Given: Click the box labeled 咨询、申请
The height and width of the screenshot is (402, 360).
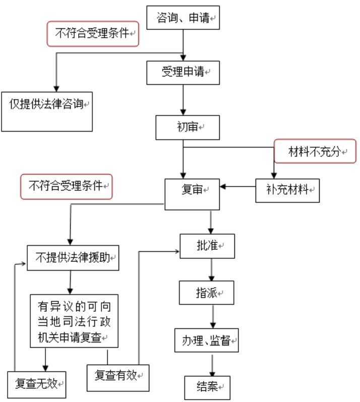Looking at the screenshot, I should (184, 18).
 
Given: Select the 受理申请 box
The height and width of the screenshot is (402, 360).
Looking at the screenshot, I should (183, 72).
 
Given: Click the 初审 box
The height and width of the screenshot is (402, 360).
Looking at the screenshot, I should (187, 127).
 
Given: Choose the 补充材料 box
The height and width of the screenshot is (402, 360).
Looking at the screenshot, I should (287, 190).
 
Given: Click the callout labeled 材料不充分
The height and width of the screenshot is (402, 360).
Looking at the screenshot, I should (315, 151).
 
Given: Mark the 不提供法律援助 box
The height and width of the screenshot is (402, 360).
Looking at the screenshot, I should (72, 259).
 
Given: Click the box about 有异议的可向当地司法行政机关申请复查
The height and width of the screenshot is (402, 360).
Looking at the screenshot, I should (74, 320).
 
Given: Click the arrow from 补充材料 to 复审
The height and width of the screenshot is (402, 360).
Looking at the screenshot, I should (237, 187).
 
